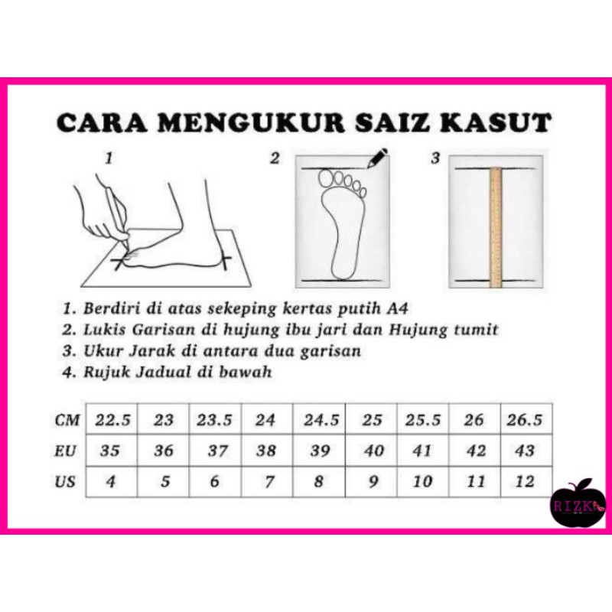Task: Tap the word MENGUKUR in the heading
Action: coord(251,123)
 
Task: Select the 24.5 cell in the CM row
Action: coord(319,419)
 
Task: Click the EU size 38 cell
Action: coord(267,451)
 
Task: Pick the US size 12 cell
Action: coord(526,482)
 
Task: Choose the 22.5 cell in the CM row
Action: coord(112,419)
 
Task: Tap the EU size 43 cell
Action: coord(526,451)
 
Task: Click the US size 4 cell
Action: coord(112,482)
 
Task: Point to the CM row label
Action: coord(67,420)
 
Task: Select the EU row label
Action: coord(65,451)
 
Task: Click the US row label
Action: coord(65,482)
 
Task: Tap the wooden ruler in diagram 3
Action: coord(495,227)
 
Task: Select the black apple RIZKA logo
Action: coord(578,505)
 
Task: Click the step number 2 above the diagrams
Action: coord(275,158)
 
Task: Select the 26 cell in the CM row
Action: coord(474,419)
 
